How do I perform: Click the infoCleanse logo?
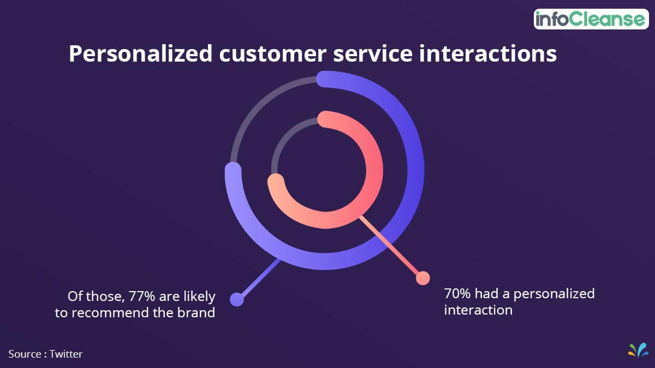(591, 19)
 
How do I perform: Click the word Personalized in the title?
(141, 54)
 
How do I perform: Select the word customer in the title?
(272, 55)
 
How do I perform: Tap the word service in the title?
(373, 54)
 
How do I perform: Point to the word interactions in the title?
(488, 54)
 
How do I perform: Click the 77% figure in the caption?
(141, 296)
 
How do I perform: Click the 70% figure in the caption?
(457, 293)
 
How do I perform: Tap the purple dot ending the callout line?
(237, 299)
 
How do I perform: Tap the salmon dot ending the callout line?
(423, 277)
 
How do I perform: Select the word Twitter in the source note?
(66, 354)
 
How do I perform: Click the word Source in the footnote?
(25, 354)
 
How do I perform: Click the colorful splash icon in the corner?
(638, 350)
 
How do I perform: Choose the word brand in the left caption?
(196, 312)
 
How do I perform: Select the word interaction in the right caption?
(478, 310)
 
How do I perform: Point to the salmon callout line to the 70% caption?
(390, 246)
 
